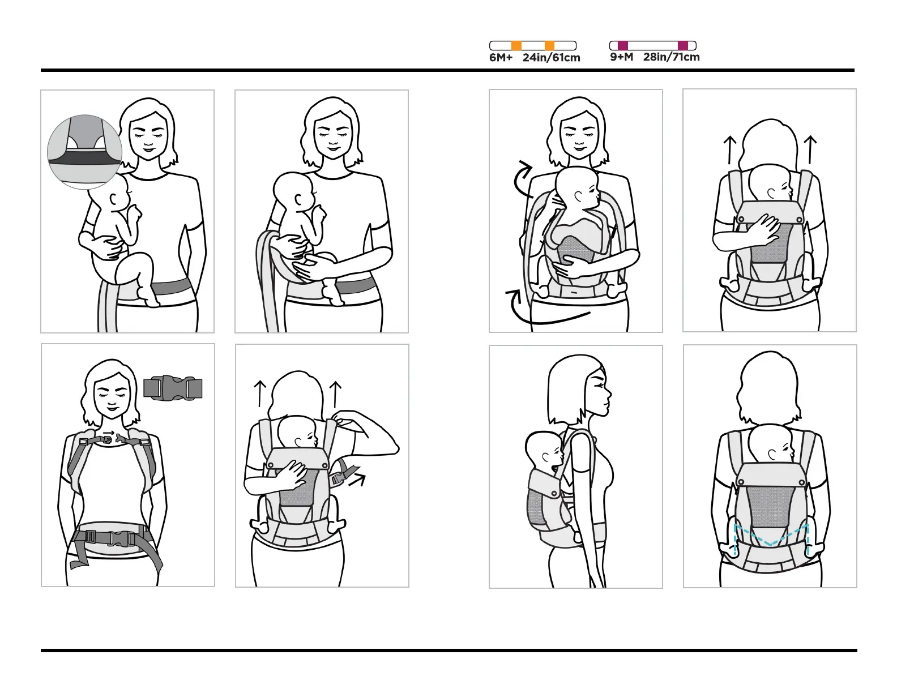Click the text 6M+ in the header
point(501,58)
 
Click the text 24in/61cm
point(551,58)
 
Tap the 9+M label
point(621,57)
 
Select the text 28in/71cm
point(671,57)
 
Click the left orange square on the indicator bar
point(516,46)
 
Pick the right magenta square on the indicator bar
point(683,46)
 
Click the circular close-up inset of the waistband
point(84,151)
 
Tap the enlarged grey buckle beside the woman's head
point(173,388)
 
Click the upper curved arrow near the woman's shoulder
point(522,177)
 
